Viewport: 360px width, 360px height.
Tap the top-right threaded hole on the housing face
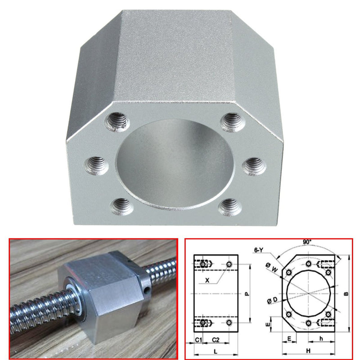click(231, 121)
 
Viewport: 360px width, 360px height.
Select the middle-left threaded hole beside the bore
click(97, 165)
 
